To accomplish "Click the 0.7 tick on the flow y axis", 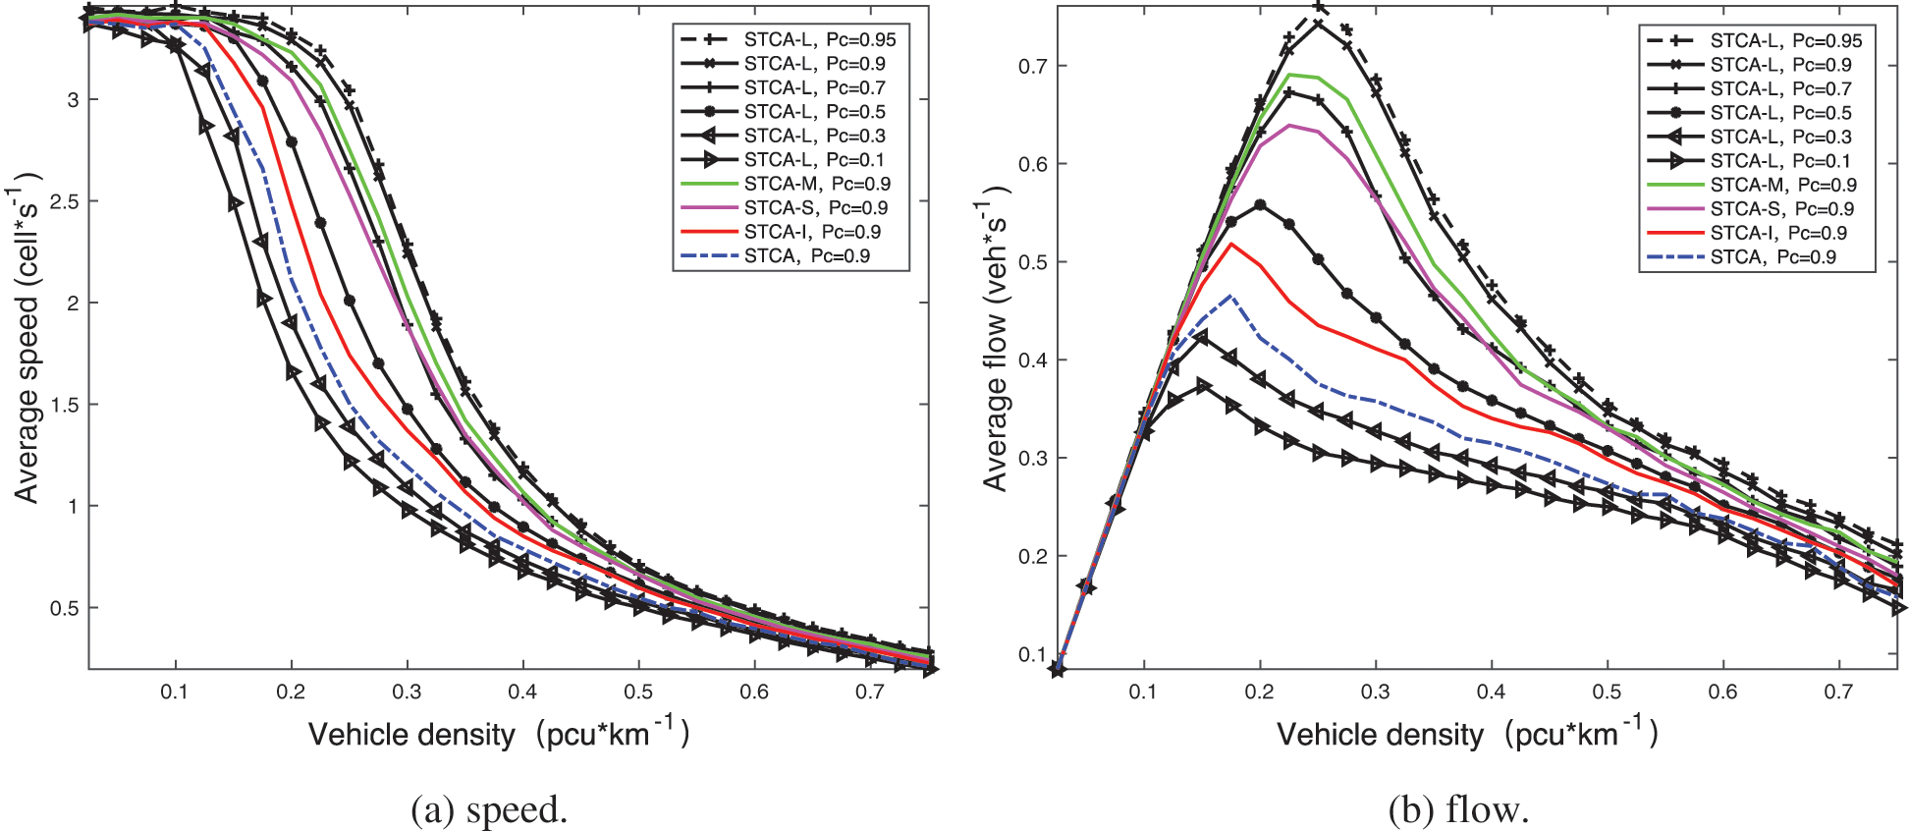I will pos(1032,66).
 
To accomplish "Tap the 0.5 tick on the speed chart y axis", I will pos(64,608).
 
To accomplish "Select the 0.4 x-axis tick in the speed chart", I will pos(522,692).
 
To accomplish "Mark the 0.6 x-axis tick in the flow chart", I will pos(1722,692).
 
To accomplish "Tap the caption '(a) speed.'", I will pos(489,809).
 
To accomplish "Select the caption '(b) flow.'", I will pos(1458,809).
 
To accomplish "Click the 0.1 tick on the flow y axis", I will pos(1032,654).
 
